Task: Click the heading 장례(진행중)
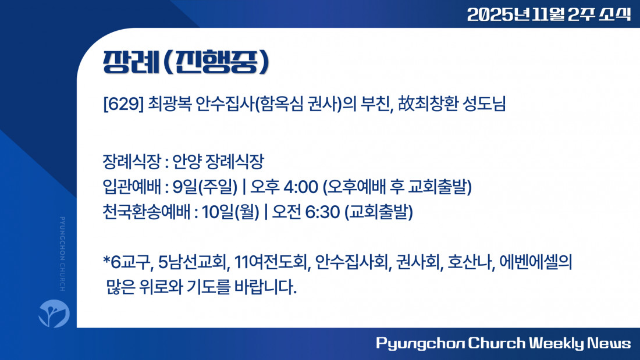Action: click(x=186, y=62)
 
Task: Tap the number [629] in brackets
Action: click(x=123, y=104)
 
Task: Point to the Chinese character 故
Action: click(x=406, y=104)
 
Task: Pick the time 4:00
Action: click(x=301, y=187)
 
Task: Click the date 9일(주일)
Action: click(x=205, y=187)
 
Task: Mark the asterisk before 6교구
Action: click(x=106, y=259)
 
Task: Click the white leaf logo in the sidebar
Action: click(x=54, y=313)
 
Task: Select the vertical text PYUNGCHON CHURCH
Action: click(x=62, y=254)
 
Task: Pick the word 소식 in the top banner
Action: click(x=615, y=15)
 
